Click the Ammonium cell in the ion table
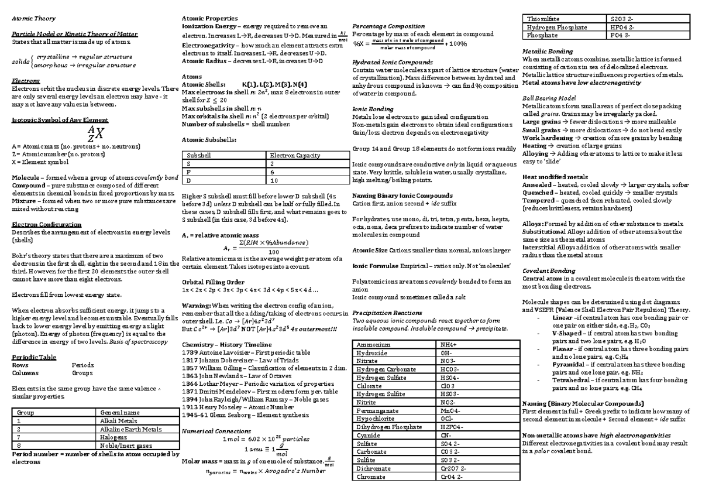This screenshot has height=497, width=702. [374, 345]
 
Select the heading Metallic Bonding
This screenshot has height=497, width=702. [547, 52]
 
